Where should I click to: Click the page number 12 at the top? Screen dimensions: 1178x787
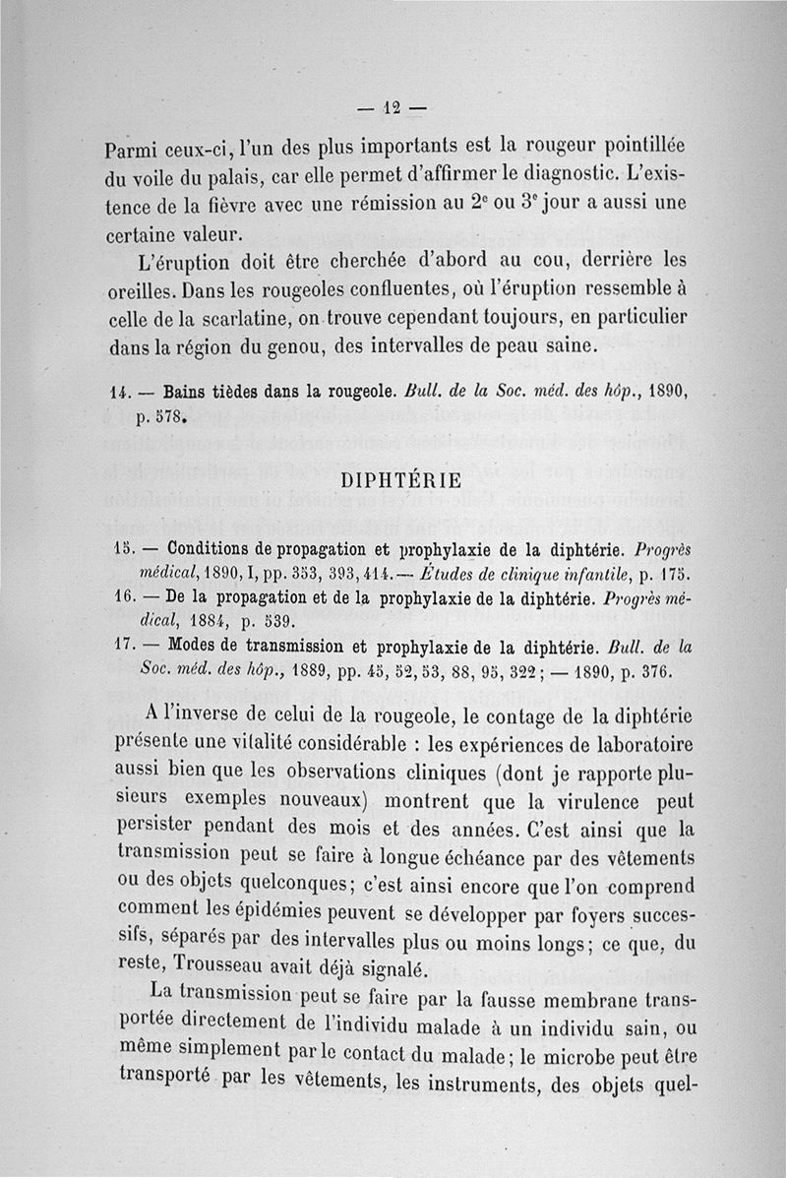(x=393, y=108)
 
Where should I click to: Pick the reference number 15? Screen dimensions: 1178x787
(x=125, y=545)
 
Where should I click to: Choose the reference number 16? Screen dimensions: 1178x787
(x=125, y=596)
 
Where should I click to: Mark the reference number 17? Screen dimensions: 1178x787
(x=125, y=648)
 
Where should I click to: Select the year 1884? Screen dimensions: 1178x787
(x=207, y=623)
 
